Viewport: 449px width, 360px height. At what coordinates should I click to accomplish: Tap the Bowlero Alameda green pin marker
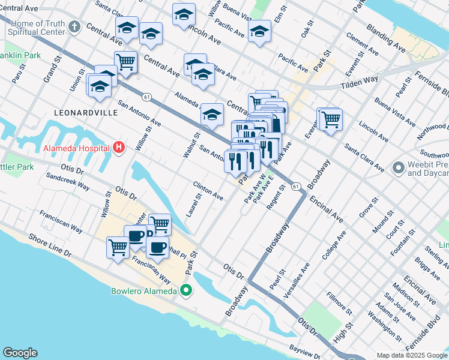[186, 292]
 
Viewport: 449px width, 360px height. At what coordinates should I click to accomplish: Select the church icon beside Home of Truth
[74, 27]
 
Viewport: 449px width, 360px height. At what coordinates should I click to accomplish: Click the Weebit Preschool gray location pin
[397, 168]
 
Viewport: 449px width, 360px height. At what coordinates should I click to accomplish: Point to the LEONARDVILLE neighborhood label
[80, 112]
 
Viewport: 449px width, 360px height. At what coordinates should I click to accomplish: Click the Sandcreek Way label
[68, 182]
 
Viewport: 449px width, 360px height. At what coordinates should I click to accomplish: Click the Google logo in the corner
[20, 353]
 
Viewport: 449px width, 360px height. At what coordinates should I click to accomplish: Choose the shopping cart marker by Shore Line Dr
[118, 247]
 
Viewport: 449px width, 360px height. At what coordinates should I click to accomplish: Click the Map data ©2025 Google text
[412, 355]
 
